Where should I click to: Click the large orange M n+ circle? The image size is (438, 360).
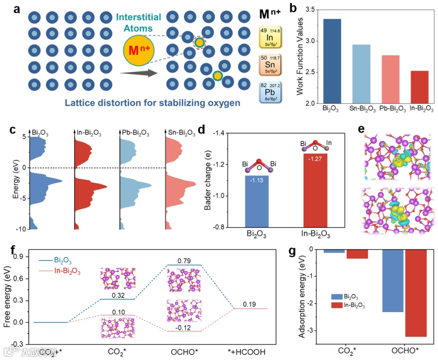click(x=139, y=51)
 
